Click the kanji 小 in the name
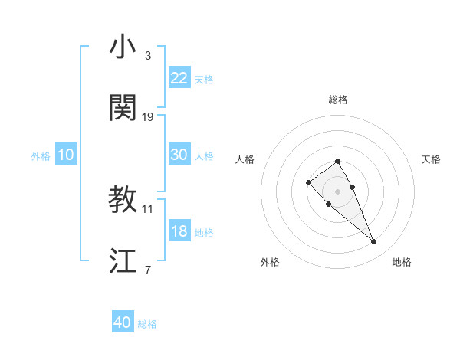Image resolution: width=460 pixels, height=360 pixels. (x=123, y=47)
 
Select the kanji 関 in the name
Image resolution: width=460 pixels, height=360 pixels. (x=123, y=109)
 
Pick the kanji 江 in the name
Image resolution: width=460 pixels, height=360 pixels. (x=123, y=261)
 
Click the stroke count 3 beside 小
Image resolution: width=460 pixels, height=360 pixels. (x=148, y=56)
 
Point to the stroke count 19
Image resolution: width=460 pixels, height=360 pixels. (x=148, y=117)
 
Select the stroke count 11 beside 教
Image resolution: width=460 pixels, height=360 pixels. (x=148, y=208)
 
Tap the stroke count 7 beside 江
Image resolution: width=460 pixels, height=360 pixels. (x=148, y=270)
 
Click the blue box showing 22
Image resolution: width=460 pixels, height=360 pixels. (x=179, y=77)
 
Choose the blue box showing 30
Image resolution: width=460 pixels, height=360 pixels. (x=179, y=154)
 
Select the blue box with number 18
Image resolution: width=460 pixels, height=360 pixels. (x=179, y=231)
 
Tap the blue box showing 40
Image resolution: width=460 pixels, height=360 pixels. (x=123, y=322)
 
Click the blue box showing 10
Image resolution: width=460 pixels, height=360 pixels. (x=66, y=155)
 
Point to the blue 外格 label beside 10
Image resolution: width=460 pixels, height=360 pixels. (x=41, y=155)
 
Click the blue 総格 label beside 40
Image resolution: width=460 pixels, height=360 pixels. (x=147, y=324)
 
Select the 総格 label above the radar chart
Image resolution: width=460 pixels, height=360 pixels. (x=337, y=100)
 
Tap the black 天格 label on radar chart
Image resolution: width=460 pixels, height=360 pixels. (x=431, y=159)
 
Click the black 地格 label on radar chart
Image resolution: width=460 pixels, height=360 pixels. (x=402, y=262)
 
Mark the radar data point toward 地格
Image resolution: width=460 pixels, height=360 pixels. (x=374, y=242)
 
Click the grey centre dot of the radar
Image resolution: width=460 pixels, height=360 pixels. (x=337, y=191)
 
